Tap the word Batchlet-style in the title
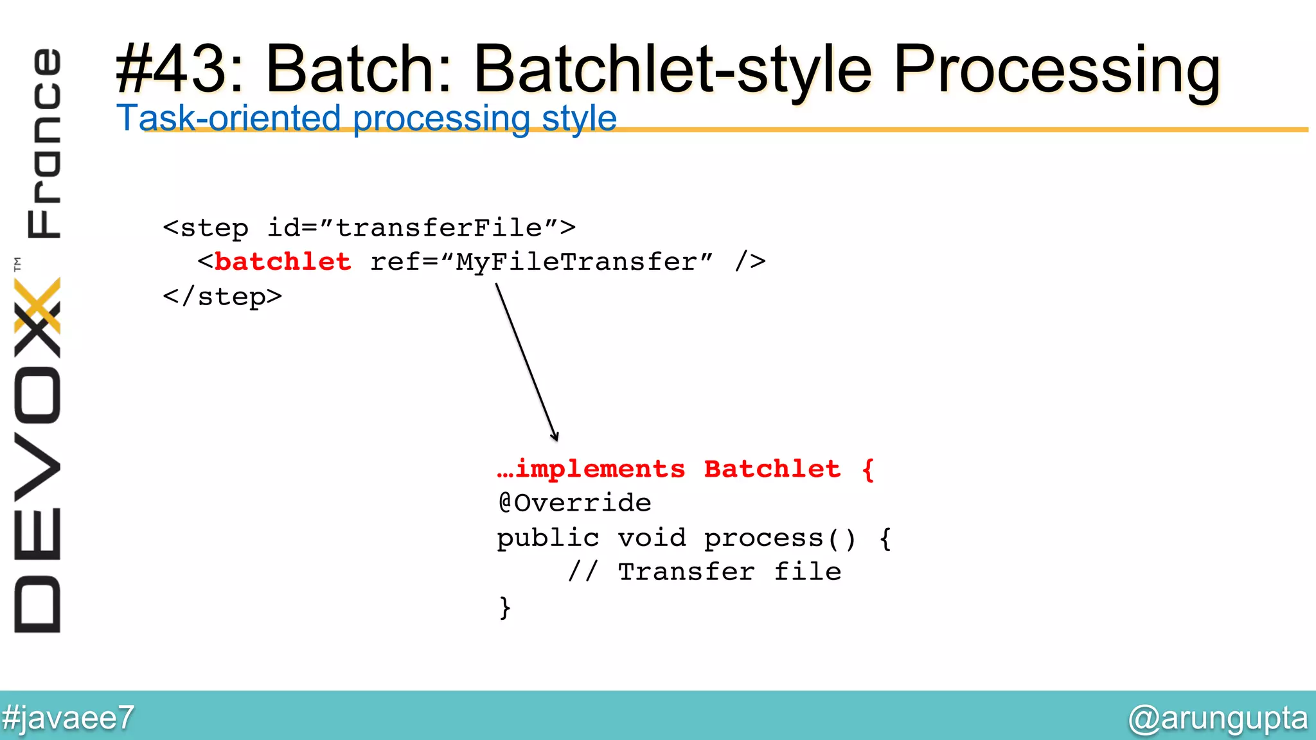point(673,69)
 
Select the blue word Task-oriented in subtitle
point(228,118)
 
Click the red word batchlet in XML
point(283,262)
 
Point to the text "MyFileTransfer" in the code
point(576,262)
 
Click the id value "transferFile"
point(440,228)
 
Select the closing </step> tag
point(222,297)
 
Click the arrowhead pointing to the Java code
point(555,436)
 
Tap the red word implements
point(600,470)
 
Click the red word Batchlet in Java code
point(772,470)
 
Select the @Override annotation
point(574,503)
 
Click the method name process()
point(779,538)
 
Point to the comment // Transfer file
point(704,572)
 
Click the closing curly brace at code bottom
point(505,607)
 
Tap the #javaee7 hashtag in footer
point(67,718)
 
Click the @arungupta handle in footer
point(1218,718)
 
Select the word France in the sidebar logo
point(44,143)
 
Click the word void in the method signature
point(652,538)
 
